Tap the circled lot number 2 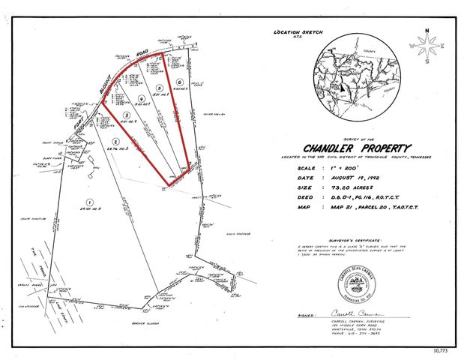pos(115,141)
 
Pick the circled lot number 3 pos(126,115)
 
